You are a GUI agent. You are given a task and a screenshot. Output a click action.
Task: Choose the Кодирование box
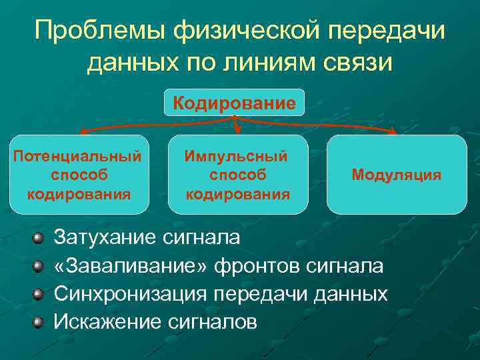(x=234, y=103)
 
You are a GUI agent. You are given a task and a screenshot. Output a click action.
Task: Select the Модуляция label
(x=396, y=175)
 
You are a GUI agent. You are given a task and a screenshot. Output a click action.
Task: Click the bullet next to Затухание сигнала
(x=39, y=237)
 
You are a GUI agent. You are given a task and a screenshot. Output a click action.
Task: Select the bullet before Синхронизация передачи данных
(x=39, y=295)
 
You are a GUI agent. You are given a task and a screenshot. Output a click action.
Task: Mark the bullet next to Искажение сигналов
(x=39, y=323)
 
